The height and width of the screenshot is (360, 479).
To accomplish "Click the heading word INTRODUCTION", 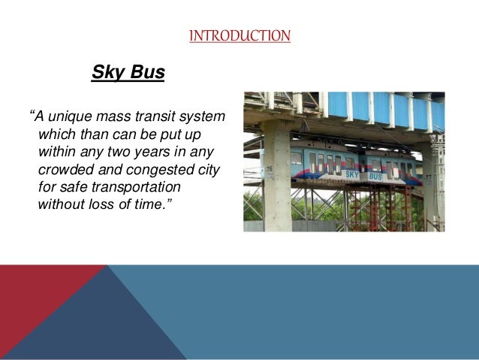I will pyautogui.click(x=239, y=35).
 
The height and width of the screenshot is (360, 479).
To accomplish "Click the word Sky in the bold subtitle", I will pyautogui.click(x=106, y=73).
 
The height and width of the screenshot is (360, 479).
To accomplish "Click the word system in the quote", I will pyautogui.click(x=201, y=118).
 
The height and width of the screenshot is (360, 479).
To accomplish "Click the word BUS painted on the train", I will pyautogui.click(x=376, y=177).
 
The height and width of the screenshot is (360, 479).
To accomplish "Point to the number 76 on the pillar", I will pyautogui.click(x=269, y=169).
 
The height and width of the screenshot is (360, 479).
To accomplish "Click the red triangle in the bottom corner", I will pyautogui.click(x=30, y=297).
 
